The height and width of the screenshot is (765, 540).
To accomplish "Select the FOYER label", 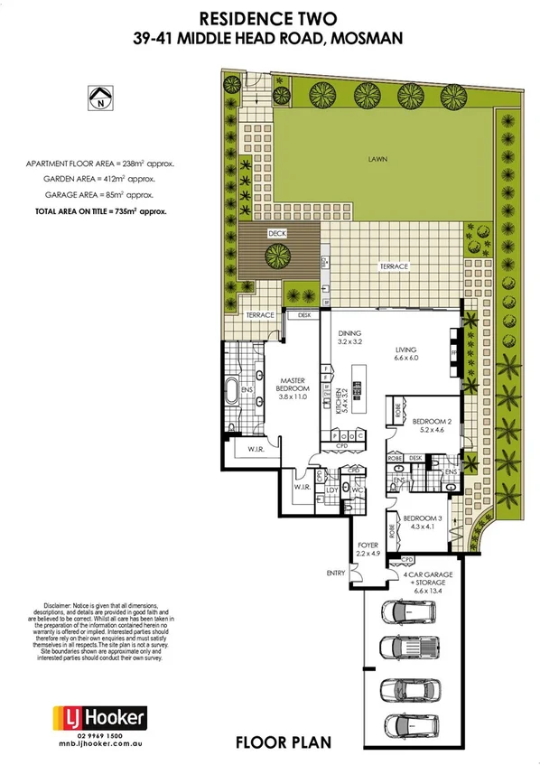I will coord(367,550).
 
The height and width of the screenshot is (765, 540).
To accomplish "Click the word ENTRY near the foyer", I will coord(337,574).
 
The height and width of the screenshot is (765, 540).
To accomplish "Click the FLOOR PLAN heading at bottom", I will coord(283,743).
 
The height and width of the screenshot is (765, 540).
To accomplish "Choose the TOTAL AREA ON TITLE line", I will coord(100,209).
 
